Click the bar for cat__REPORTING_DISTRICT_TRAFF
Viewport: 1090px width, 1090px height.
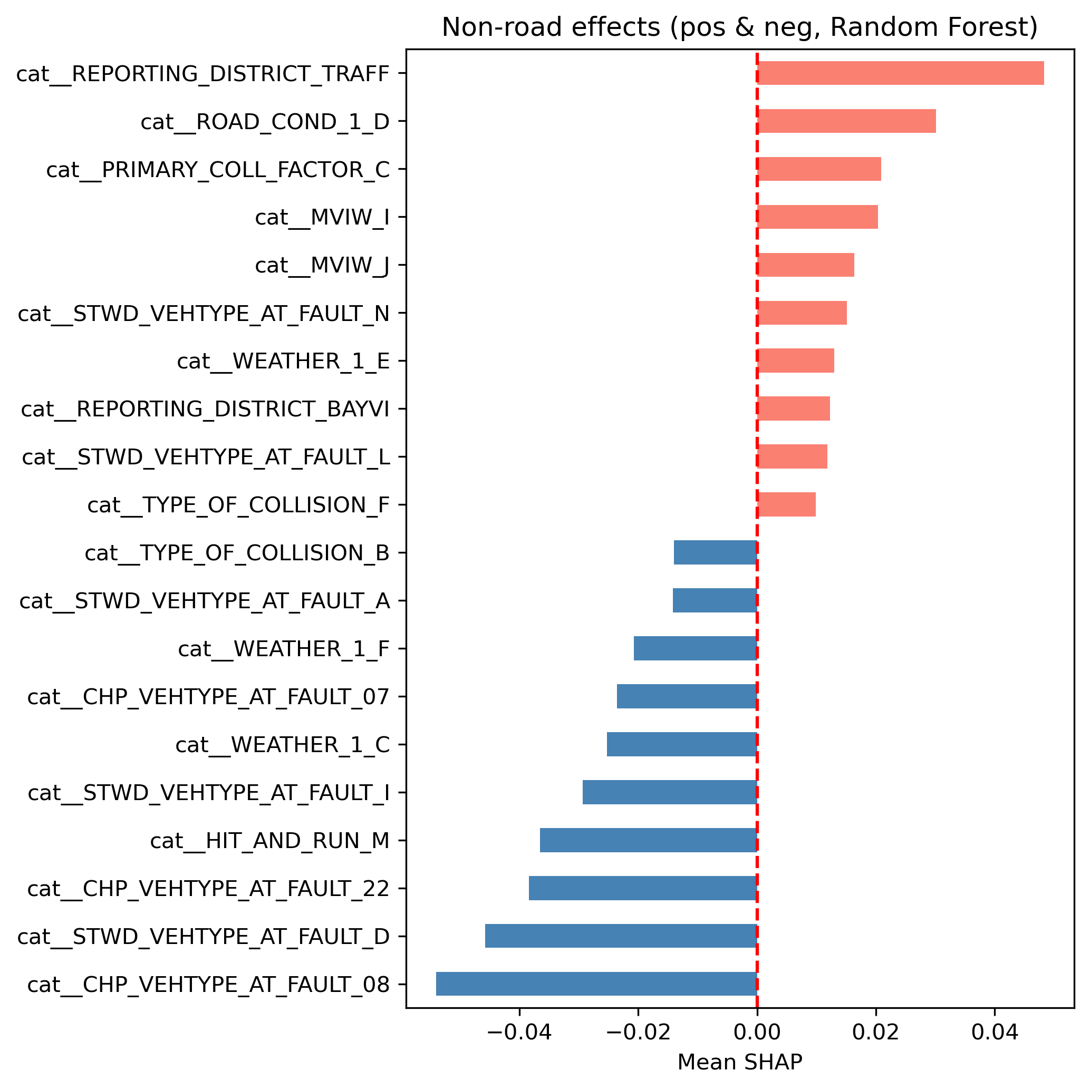coord(900,73)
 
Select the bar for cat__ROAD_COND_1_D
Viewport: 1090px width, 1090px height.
coord(846,121)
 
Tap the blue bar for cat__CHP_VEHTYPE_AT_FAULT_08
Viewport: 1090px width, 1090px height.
coord(596,984)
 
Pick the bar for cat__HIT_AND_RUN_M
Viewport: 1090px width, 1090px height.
coord(648,840)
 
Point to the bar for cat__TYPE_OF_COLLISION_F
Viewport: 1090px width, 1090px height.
coord(786,504)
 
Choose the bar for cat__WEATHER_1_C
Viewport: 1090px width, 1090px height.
coord(681,744)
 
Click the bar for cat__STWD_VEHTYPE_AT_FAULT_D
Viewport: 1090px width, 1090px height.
coord(621,936)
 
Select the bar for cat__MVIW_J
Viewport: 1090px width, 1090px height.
coord(806,265)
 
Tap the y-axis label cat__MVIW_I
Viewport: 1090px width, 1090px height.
coord(322,217)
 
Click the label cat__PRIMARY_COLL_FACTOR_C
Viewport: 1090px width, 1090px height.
coord(218,169)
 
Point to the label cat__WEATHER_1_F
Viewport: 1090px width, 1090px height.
coord(283,649)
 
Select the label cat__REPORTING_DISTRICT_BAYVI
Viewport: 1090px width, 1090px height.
coord(205,409)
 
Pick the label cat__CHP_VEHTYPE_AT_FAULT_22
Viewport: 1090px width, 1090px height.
coord(208,889)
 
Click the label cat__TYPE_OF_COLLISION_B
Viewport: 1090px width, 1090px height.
coord(237,553)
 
